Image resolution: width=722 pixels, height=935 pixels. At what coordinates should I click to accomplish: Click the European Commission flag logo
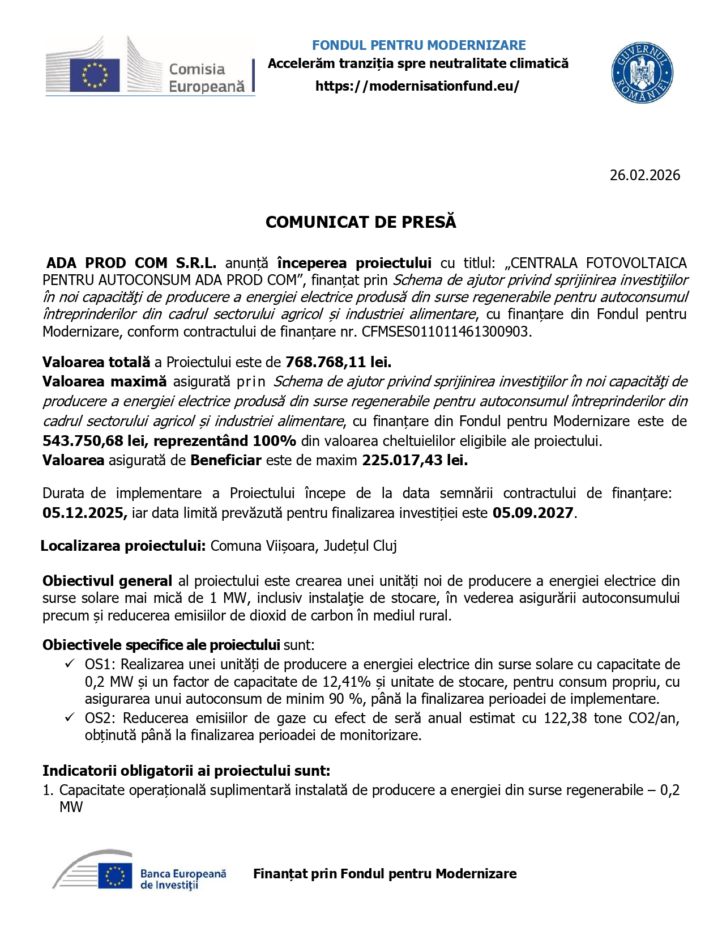95,75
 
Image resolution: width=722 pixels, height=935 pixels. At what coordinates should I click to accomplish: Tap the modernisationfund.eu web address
417,86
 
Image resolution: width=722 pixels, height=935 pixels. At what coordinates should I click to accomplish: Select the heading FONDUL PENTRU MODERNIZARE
418,45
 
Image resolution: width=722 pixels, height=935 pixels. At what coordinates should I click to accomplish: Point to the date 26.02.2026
644,175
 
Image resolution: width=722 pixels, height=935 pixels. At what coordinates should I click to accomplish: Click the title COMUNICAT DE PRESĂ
361,222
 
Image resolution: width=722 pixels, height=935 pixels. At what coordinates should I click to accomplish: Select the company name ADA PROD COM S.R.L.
131,263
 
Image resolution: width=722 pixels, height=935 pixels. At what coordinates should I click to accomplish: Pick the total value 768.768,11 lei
338,362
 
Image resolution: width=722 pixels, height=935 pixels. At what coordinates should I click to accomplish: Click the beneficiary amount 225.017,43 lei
415,460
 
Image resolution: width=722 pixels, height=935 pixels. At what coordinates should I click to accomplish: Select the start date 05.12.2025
84,513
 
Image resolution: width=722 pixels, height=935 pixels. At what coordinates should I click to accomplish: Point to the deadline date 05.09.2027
533,513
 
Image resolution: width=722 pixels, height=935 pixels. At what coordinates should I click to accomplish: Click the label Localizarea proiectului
123,546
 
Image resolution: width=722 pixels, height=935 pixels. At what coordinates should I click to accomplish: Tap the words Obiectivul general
107,581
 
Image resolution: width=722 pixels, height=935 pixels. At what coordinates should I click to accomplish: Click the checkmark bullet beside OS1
70,664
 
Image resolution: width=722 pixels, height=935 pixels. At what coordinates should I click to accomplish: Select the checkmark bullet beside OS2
70,717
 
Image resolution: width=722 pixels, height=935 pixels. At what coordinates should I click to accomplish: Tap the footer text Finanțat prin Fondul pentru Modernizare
385,874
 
